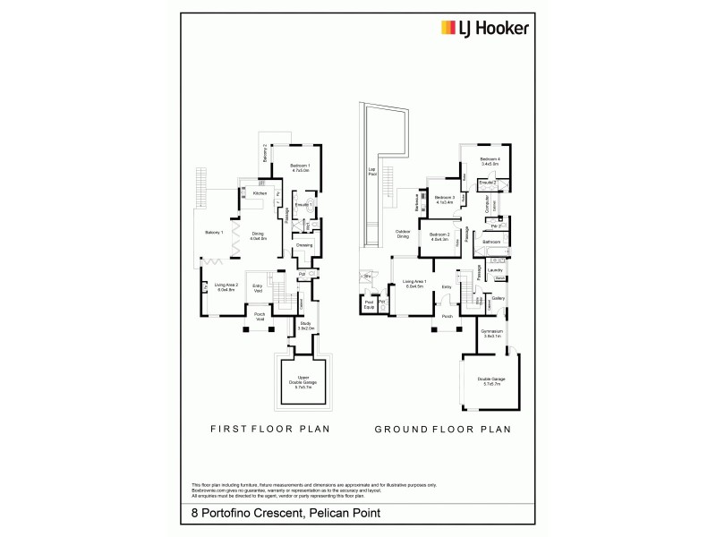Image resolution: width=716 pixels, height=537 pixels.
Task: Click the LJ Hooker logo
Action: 483,28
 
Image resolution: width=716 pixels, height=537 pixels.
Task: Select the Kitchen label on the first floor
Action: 260,193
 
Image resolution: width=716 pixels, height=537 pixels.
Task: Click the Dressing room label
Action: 304,244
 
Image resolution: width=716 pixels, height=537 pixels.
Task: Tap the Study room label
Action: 305,327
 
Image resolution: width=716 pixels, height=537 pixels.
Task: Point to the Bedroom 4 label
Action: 489,161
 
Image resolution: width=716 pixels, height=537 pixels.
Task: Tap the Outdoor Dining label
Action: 403,234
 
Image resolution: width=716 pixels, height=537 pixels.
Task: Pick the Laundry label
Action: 494,269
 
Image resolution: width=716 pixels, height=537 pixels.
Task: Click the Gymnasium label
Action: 490,332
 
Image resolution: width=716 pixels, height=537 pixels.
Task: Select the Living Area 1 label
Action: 414,285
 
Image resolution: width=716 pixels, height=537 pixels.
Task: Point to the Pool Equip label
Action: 368,305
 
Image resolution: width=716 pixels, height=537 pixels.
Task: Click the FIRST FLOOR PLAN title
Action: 269,429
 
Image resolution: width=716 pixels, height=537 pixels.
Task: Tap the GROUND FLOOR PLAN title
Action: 442,429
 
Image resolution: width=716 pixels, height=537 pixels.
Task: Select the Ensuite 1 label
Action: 303,205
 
